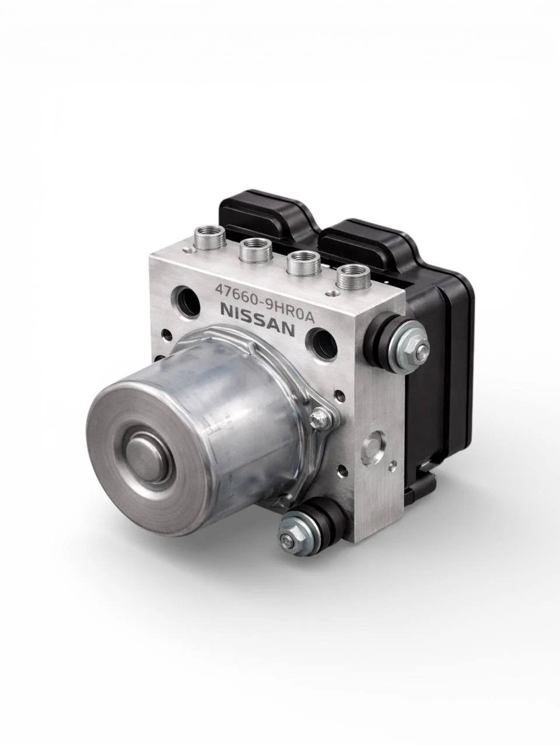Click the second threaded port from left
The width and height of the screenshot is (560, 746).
pos(256,251)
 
